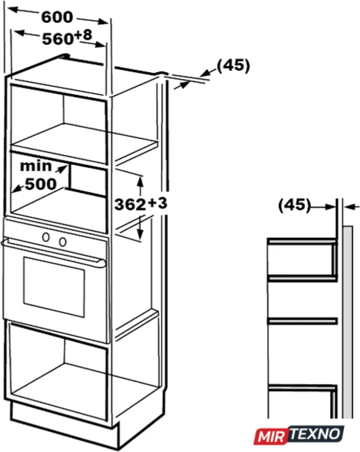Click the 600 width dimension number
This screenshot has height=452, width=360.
(57, 17)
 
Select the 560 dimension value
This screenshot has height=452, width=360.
(58, 39)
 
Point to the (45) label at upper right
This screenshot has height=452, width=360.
(233, 65)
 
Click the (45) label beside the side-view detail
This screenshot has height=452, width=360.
(295, 205)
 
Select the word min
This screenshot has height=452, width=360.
(36, 166)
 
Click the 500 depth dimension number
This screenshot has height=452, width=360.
(41, 184)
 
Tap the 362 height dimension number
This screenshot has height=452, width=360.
(130, 205)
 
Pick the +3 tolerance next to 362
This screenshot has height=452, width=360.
(157, 203)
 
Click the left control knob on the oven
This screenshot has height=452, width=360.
(46, 237)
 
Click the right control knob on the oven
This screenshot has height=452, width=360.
(63, 242)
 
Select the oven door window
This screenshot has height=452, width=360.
(54, 287)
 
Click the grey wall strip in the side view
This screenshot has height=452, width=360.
(348, 321)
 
